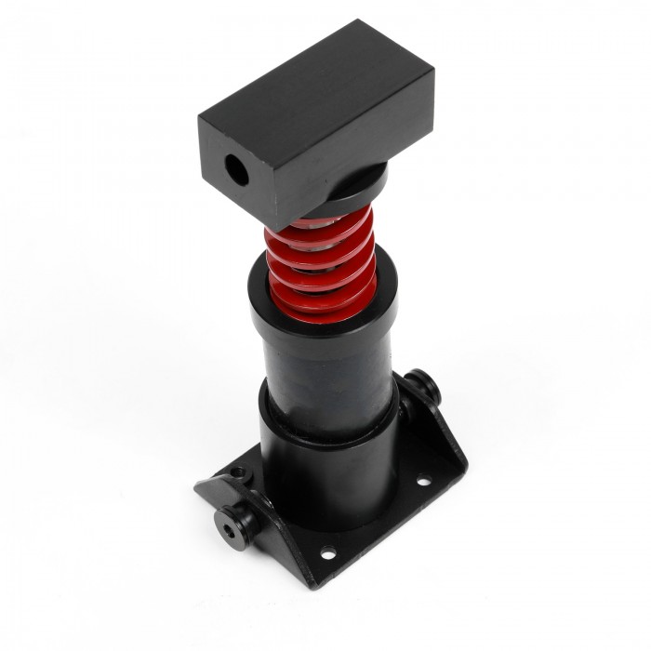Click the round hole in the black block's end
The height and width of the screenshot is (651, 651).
point(235,171)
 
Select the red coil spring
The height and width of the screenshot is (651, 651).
point(321,265)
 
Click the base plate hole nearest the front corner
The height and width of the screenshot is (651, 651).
point(327,554)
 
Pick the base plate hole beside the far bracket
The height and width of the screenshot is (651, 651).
point(422,481)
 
